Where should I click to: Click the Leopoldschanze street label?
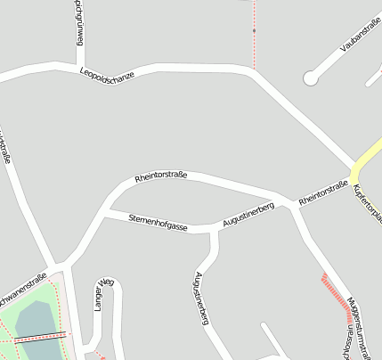pyautogui.click(x=106, y=77)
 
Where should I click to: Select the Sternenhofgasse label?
pyautogui.click(x=158, y=223)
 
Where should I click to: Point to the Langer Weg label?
pyautogui.click(x=100, y=293)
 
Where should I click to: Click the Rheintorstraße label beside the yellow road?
pyautogui.click(x=322, y=195)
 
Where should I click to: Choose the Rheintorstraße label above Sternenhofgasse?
pyautogui.click(x=160, y=176)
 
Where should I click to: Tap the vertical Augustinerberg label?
pyautogui.click(x=201, y=297)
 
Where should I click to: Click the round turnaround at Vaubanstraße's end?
pyautogui.click(x=310, y=79)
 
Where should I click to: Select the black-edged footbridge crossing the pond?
pyautogui.click(x=39, y=337)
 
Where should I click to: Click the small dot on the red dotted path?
pyautogui.click(x=254, y=31)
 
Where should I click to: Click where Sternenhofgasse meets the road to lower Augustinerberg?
pyautogui.click(x=214, y=229)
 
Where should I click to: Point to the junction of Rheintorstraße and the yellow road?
pyautogui.click(x=354, y=170)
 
